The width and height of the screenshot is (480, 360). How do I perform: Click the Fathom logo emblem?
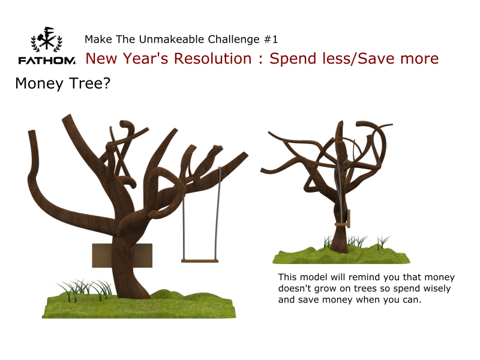coord(47,39)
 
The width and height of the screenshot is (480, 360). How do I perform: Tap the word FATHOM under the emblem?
coord(47,61)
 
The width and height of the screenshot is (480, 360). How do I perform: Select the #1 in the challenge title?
coord(271,40)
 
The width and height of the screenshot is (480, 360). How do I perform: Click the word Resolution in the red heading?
coord(213,58)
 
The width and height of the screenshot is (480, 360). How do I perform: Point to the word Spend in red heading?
coord(293,59)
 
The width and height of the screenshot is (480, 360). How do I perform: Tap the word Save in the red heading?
coord(377,58)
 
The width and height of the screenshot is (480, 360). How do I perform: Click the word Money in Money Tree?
coord(39,83)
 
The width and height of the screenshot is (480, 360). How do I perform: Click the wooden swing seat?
coord(200,261)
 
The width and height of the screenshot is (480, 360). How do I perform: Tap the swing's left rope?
coord(184,227)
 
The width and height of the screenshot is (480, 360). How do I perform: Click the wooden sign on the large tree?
coord(122,256)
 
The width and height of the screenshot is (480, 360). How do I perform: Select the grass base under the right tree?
coord(341,255)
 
